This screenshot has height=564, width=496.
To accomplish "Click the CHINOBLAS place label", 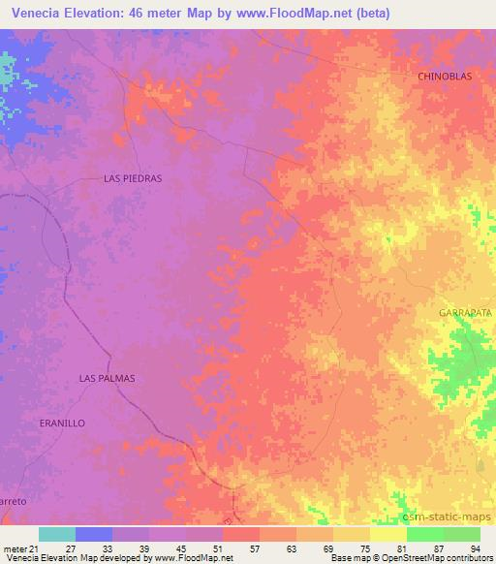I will [x=449, y=76].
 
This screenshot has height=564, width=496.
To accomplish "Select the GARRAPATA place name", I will [x=465, y=313].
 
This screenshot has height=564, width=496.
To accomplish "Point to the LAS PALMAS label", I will [x=107, y=378].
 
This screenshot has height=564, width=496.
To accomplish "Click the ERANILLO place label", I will [x=63, y=423].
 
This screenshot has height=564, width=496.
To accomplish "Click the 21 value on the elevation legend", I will [x=33, y=548].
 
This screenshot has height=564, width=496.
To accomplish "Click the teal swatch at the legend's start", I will [x=57, y=534].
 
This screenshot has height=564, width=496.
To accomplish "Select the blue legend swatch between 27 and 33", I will [x=94, y=534].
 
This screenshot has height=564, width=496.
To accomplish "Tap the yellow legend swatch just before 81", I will [x=387, y=534].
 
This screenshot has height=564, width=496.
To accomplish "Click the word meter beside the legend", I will [x=14, y=548].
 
